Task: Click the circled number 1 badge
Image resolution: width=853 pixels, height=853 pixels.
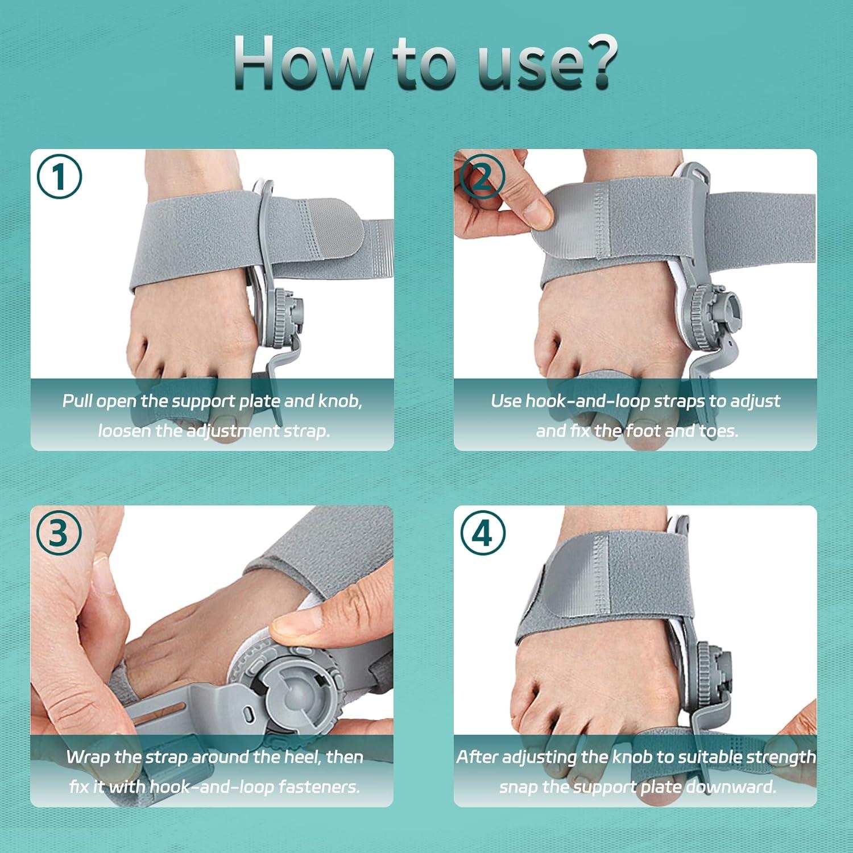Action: [59, 177]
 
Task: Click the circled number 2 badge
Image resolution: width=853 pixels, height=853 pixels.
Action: [482, 177]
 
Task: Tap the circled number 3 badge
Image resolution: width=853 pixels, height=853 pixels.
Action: [59, 533]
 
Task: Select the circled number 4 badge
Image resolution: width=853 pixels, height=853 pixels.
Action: [482, 533]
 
